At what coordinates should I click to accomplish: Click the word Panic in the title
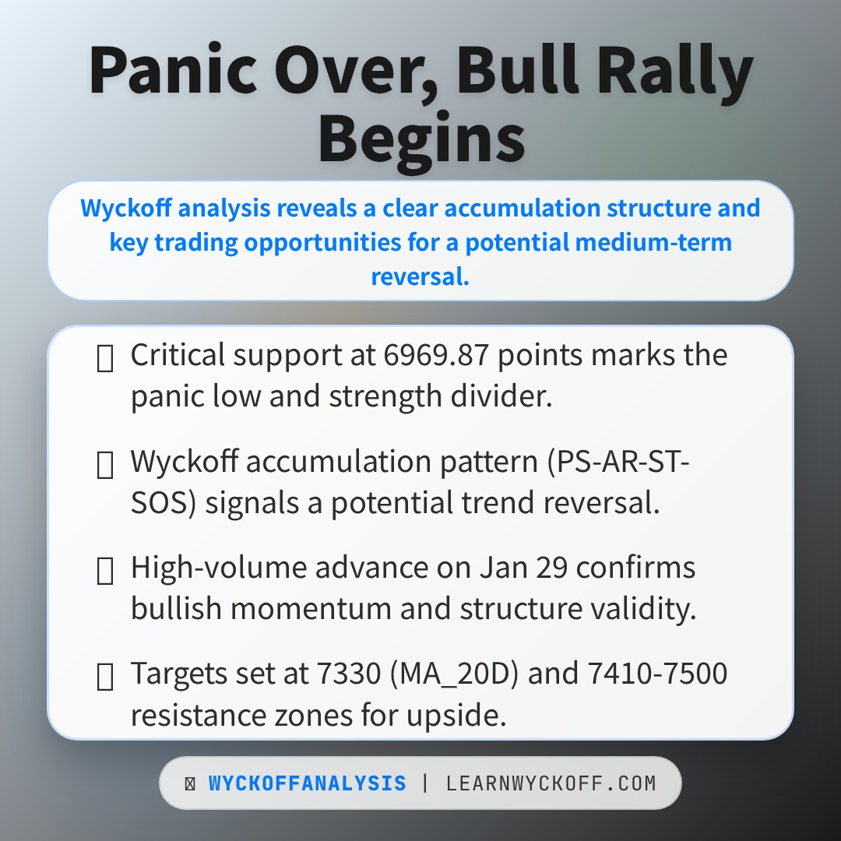tap(173, 70)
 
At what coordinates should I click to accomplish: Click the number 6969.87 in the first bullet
tap(436, 355)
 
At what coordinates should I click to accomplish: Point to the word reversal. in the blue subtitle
tap(420, 276)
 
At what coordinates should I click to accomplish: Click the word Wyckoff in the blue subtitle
tap(127, 208)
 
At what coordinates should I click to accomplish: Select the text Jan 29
tap(523, 568)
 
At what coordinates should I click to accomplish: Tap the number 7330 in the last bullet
tap(349, 673)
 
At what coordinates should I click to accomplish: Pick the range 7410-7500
tap(657, 673)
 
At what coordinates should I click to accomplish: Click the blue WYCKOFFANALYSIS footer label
tap(308, 783)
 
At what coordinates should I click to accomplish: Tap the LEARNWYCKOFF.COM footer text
tap(551, 783)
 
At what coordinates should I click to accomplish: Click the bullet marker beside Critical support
tap(104, 357)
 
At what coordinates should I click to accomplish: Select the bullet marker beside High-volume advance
tap(104, 570)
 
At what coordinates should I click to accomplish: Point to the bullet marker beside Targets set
tap(104, 677)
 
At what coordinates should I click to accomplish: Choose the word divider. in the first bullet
tap(501, 396)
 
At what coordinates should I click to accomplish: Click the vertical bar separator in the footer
tap(426, 783)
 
